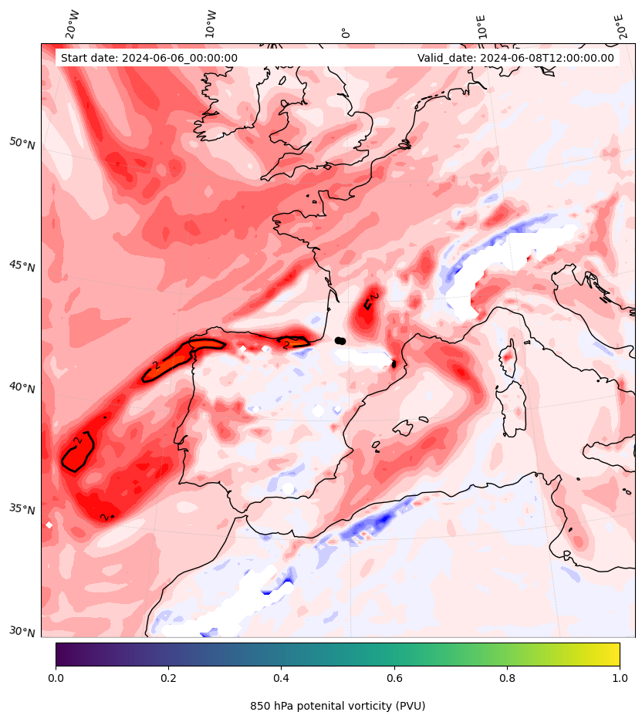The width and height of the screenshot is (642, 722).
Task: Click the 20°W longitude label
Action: [72, 25]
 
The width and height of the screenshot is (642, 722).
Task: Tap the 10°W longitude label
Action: [211, 25]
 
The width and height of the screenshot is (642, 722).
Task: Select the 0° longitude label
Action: [346, 32]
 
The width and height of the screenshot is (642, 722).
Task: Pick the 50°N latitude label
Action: [22, 143]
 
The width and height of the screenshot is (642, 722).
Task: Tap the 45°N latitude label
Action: [22, 266]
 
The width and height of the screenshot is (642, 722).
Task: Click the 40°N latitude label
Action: [22, 387]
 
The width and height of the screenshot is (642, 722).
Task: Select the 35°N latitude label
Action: [22, 509]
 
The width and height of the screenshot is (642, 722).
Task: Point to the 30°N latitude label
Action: [22, 632]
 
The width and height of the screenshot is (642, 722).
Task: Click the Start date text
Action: [149, 58]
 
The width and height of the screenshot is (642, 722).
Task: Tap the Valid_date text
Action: [515, 58]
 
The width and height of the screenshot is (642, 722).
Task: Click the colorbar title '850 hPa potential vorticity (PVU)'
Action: [337, 706]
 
